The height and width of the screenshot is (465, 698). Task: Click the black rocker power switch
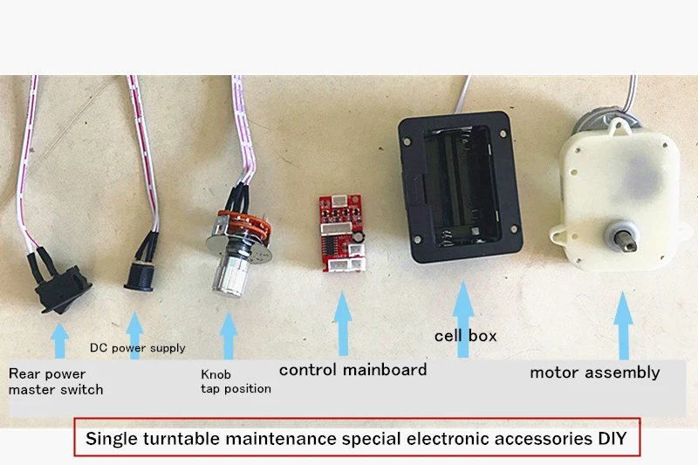point(63,289)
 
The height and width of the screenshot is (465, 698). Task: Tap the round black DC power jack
point(139,277)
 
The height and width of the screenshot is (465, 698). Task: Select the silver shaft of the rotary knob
point(230,275)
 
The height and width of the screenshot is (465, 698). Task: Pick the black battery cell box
point(460,187)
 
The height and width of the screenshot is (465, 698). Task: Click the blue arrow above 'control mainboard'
point(343,324)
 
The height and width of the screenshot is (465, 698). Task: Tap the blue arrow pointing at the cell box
point(463,319)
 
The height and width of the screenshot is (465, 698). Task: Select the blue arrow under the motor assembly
point(624,325)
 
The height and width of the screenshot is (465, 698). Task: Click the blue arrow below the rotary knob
point(229,335)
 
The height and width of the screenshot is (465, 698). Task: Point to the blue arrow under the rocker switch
point(59,340)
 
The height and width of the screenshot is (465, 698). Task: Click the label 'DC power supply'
point(138,348)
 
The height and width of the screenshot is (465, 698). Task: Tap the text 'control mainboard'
point(353,370)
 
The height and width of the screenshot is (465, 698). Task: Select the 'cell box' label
point(466,336)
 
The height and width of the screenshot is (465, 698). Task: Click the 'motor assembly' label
point(595,373)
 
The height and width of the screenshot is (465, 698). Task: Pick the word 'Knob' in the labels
point(216,374)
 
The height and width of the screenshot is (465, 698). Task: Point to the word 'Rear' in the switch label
point(21,373)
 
